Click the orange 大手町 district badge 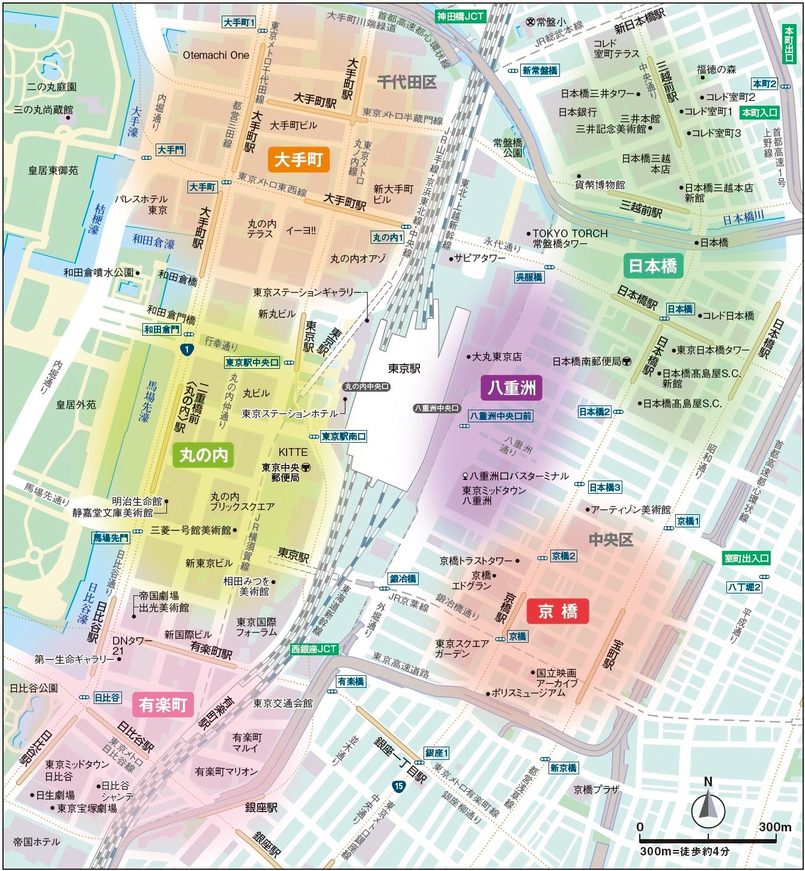pos(299,160)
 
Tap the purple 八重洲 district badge pos(512,387)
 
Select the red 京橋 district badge pos(557,611)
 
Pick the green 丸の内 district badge pos(204,455)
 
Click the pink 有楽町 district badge pos(163,705)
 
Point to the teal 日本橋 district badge pos(653,266)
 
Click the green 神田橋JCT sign pos(460,16)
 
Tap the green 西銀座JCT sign pos(314,649)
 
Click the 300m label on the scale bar pos(774,827)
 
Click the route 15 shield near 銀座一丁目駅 pos(399,786)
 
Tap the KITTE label pos(293,452)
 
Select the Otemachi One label pos(216,55)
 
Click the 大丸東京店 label pos(496,357)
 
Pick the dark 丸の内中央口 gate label pos(366,387)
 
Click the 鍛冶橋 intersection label pos(403,578)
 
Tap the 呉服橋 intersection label pos(529,277)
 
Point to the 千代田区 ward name pos(407,82)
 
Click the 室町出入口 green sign pos(746,558)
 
